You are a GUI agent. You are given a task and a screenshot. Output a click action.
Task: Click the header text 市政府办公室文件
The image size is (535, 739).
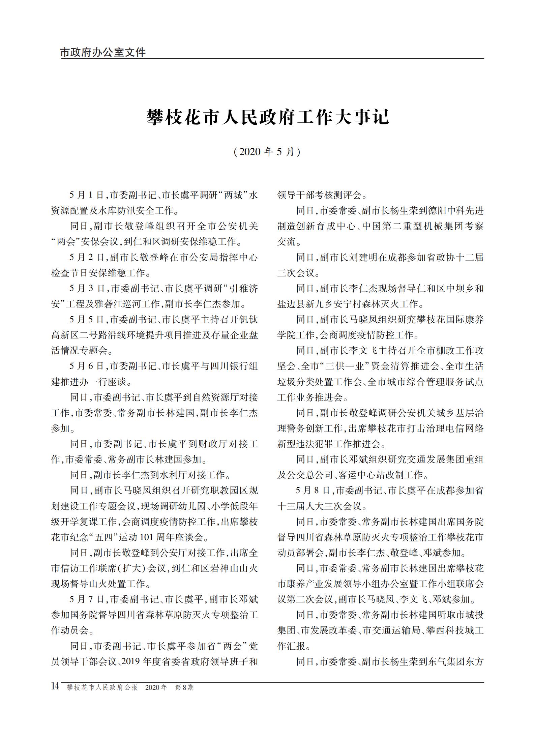(103, 53)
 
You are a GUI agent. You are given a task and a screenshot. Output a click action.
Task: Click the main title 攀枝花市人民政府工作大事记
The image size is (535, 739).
(268, 117)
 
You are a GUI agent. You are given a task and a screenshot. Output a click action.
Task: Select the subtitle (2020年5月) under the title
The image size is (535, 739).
(267, 152)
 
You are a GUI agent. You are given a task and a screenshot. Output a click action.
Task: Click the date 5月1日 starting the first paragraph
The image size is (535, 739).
(87, 195)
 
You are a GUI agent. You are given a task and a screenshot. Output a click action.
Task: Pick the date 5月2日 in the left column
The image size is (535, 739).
(87, 258)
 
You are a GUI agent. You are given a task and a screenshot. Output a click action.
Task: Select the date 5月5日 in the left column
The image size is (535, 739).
(87, 319)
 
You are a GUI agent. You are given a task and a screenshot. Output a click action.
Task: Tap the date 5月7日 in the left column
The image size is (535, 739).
(87, 599)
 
